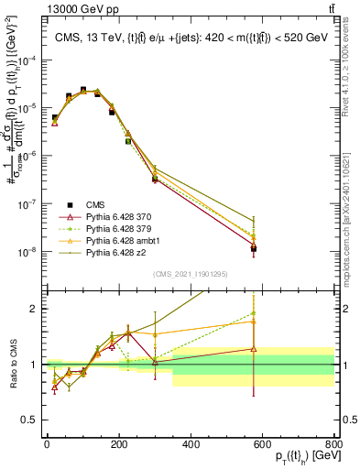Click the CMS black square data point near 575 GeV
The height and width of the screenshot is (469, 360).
tap(254, 248)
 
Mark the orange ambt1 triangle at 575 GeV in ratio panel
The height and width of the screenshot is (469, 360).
tap(254, 322)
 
